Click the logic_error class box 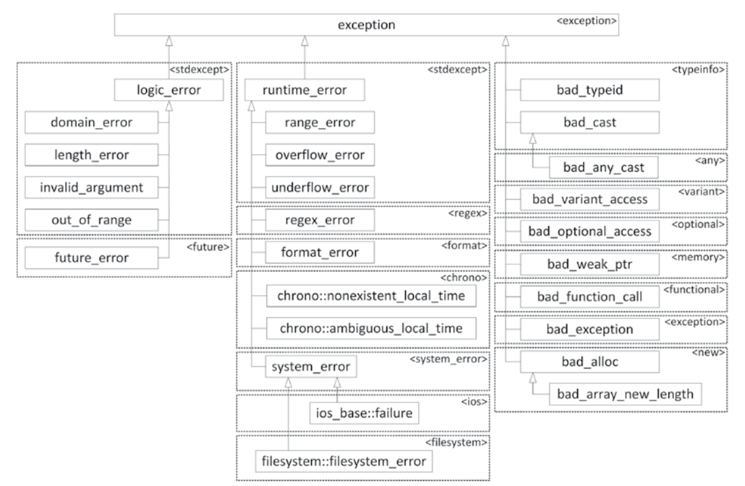[169, 90]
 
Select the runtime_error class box [304, 90]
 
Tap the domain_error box [91, 123]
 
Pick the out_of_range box [91, 220]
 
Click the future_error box [91, 257]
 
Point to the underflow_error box [320, 188]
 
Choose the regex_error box [320, 220]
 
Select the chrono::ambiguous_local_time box [371, 329]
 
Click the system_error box [310, 366]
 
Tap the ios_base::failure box [364, 413]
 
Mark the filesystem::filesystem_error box [343, 461]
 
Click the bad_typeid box [589, 90]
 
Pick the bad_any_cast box [603, 168]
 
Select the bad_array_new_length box [625, 394]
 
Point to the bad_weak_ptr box [589, 264]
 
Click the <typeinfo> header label [698, 70]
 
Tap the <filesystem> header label [456, 442]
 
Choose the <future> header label [208, 247]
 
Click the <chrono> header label [464, 277]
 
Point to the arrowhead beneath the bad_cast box [533, 138]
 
